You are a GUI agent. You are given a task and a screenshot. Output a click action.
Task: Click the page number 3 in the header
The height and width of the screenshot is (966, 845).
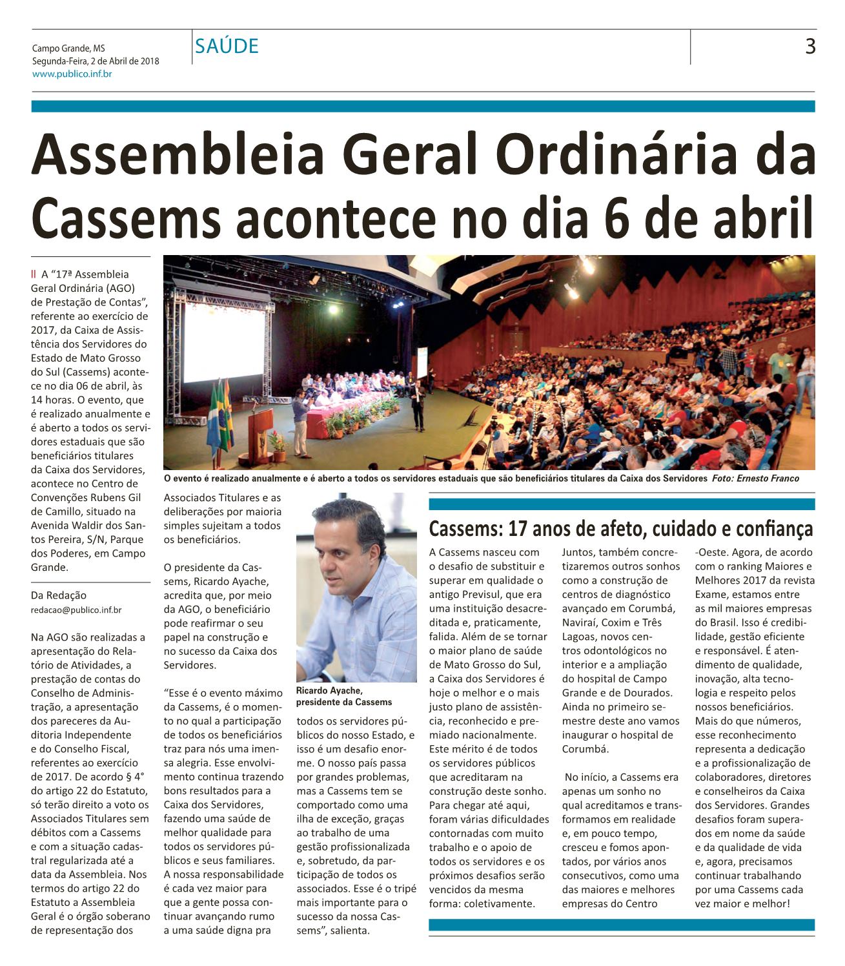810,46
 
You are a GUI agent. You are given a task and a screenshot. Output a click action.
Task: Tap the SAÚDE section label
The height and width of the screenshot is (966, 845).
227,46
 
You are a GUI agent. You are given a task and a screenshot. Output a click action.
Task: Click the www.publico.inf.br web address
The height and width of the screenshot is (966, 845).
72,74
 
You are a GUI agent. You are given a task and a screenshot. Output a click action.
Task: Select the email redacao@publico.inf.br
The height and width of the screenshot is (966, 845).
76,609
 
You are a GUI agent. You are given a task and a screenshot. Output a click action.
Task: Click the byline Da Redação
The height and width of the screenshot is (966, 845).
59,595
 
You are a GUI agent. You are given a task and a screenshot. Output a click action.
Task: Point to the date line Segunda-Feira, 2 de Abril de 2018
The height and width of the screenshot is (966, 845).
96,61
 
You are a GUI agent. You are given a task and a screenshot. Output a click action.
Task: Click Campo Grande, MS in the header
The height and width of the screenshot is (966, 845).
68,48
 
